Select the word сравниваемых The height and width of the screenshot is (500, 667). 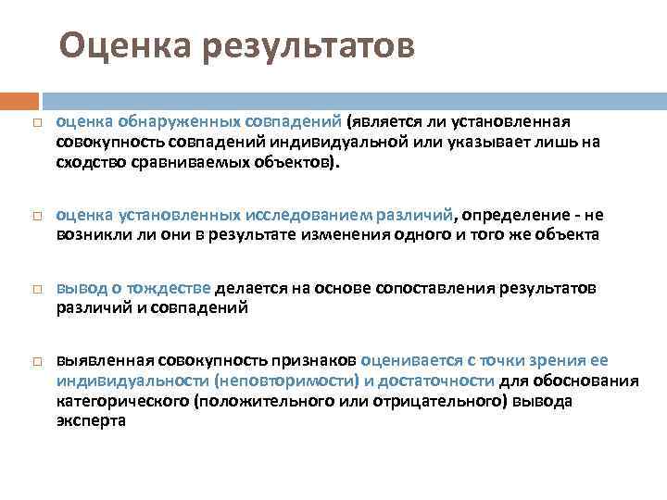(x=187, y=162)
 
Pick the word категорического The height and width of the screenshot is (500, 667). (x=122, y=401)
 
